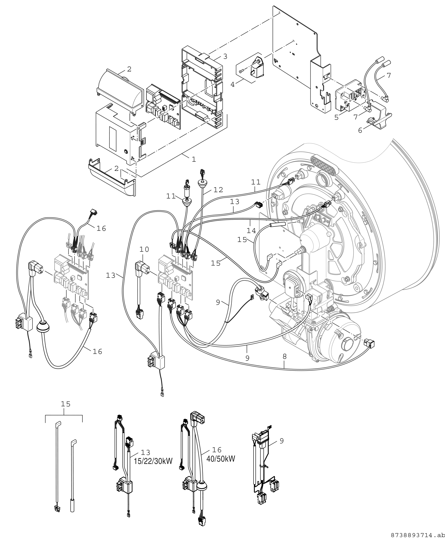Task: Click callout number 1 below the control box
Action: click(x=194, y=159)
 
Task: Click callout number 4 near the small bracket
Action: click(x=232, y=84)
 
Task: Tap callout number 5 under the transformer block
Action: click(x=337, y=117)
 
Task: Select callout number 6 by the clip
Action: click(x=360, y=130)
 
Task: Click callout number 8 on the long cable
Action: click(x=285, y=356)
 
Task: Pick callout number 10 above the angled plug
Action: click(x=144, y=249)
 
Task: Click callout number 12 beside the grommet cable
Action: click(x=218, y=190)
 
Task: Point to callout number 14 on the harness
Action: click(x=251, y=231)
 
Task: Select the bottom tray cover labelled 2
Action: click(x=112, y=177)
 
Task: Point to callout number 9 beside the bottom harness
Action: click(x=282, y=441)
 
